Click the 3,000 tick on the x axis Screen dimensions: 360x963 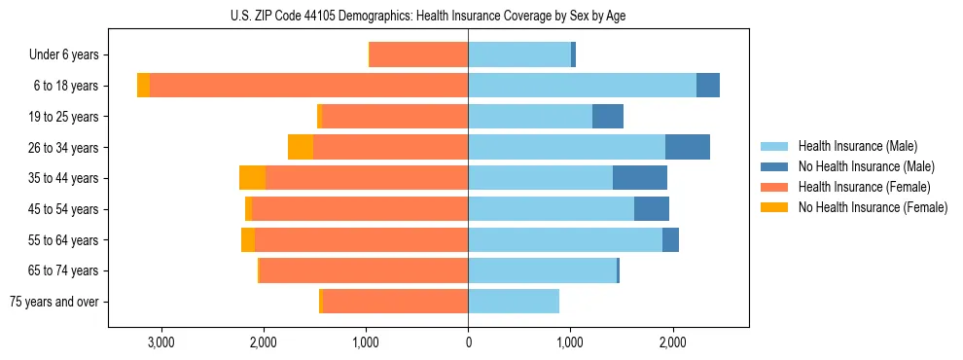click(x=160, y=342)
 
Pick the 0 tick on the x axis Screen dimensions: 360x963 click(x=468, y=342)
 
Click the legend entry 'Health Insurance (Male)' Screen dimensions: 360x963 click(x=858, y=146)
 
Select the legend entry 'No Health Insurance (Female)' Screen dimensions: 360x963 click(x=873, y=207)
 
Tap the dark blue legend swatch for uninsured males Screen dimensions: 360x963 click(x=774, y=166)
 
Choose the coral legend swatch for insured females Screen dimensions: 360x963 click(x=774, y=187)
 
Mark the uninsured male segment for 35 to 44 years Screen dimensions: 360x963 click(x=640, y=178)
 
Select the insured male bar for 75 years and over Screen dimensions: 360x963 click(x=514, y=302)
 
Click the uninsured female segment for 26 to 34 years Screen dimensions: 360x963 click(x=301, y=147)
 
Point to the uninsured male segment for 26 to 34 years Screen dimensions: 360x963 click(x=688, y=147)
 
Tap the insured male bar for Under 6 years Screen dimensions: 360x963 click(x=519, y=54)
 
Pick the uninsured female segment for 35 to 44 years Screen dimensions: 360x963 click(x=252, y=178)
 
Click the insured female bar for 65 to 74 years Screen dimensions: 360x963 click(x=364, y=270)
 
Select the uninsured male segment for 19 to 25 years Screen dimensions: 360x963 click(x=608, y=117)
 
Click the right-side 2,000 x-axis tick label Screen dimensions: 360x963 click(x=672, y=342)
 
